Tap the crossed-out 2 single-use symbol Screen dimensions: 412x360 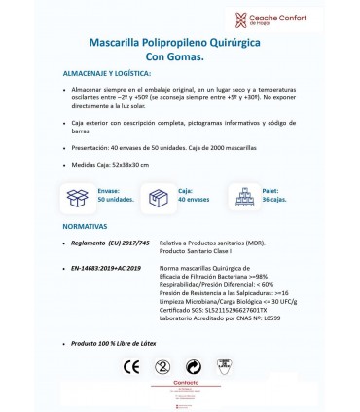click(x=139, y=367)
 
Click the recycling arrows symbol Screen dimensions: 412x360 click(x=194, y=367)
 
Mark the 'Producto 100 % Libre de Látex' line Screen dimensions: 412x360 click(x=115, y=344)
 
